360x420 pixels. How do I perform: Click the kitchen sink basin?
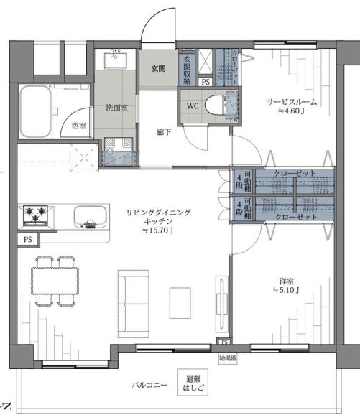[x=88, y=215]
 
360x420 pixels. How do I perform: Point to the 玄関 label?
[x=158, y=69]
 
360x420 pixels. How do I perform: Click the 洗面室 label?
[x=117, y=108]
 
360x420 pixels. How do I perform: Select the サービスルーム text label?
[x=291, y=102]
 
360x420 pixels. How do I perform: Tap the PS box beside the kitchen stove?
[x=28, y=239]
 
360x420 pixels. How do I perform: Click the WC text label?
[x=193, y=106]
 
